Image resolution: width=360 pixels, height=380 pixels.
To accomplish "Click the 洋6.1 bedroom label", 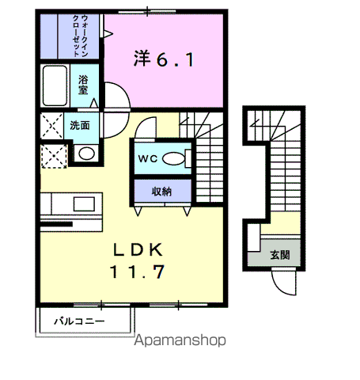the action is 164,59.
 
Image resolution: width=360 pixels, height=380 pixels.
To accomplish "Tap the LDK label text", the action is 138,249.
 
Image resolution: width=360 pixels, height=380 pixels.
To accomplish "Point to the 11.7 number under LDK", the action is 138,272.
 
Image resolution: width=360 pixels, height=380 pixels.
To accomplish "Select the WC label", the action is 148,158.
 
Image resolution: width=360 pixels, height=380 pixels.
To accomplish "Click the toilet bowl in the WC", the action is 173,158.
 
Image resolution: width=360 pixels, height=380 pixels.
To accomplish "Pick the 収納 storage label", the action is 161,192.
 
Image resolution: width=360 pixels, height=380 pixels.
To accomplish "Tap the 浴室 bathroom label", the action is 83,85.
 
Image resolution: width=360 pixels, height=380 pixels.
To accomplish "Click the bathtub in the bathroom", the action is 55,85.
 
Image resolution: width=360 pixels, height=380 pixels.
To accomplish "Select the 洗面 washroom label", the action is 80,125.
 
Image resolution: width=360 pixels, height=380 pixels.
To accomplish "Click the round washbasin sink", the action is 86,154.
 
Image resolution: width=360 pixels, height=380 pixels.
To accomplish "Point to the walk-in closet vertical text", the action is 80,36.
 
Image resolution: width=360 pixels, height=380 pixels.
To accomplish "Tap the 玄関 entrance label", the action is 280,255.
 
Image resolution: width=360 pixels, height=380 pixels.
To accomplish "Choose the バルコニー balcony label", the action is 79,321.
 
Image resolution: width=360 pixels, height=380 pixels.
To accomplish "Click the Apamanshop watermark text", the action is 180,340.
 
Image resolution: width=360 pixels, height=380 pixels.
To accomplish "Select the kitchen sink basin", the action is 84,204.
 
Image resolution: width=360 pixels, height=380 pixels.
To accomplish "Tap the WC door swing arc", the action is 142,124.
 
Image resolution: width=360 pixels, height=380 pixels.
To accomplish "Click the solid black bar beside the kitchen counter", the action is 56,224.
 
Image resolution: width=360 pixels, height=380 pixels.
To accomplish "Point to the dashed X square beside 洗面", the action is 51,126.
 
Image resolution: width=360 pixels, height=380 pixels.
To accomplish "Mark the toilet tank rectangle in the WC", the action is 188,158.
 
